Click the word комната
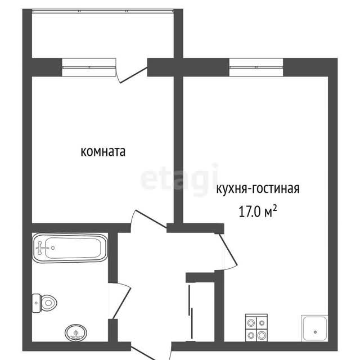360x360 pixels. pos(103,151)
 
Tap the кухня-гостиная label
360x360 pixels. pos(258,189)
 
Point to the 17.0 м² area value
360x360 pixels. pos(258,211)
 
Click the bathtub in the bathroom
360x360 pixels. pos(70,247)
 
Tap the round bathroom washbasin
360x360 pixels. pos(76,332)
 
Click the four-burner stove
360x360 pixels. pos(256,327)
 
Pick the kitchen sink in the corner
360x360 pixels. pos(315,328)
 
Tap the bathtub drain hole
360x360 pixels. pos(53,248)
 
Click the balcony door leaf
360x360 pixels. pos(134,75)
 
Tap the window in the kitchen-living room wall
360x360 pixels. pos(256,67)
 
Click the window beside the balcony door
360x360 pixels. pos(89,67)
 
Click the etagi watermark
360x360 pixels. pos(179,179)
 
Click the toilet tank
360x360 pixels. pos(36,303)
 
